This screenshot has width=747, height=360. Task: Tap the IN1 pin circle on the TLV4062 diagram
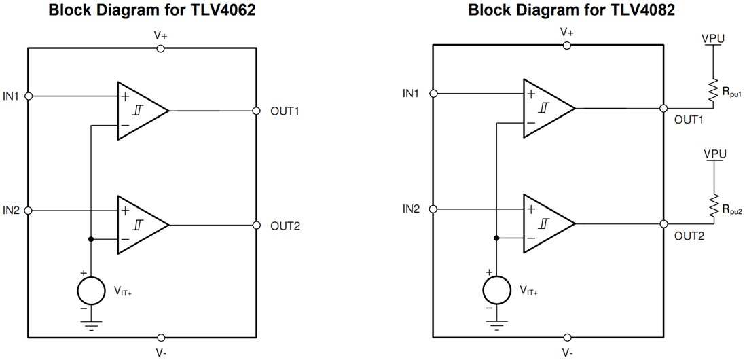click(x=28, y=96)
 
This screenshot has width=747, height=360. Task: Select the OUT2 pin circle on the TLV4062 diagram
click(x=256, y=225)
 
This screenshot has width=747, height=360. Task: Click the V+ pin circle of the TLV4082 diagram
click(x=567, y=45)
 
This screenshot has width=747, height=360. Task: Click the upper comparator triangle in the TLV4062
click(x=139, y=111)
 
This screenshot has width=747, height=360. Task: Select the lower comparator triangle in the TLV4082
click(x=545, y=223)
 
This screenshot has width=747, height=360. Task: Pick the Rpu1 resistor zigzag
click(x=713, y=92)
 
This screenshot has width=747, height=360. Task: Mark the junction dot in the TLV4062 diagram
click(x=90, y=239)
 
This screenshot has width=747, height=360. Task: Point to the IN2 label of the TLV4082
click(x=412, y=209)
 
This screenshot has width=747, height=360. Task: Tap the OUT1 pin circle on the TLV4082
click(x=663, y=108)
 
